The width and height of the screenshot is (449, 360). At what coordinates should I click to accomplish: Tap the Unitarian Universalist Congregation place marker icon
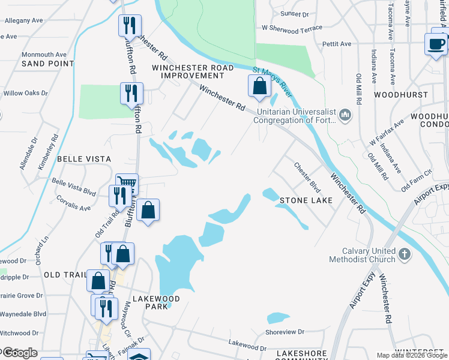click(345, 115)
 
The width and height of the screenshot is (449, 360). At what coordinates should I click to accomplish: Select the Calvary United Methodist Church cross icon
click(405, 254)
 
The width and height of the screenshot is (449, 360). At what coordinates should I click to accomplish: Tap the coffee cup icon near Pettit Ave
click(436, 43)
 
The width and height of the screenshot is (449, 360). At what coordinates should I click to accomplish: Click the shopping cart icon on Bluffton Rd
click(127, 183)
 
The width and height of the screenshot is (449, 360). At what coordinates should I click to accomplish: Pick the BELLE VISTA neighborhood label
click(84, 158)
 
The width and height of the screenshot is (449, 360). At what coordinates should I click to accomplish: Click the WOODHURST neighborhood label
click(401, 95)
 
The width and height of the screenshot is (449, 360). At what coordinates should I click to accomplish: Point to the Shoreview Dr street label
click(285, 331)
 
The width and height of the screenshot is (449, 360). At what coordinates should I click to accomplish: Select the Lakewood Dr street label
click(247, 345)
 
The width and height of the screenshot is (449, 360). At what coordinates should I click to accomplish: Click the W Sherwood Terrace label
click(292, 28)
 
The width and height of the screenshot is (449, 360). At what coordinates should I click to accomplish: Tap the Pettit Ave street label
click(337, 44)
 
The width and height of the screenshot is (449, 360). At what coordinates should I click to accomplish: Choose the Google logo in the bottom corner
click(19, 353)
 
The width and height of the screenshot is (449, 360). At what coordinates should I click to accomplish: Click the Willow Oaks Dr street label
click(25, 93)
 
